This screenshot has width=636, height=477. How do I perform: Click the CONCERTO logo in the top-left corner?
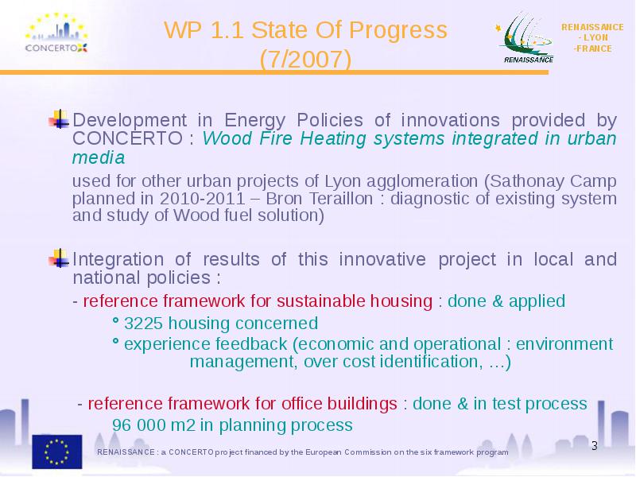pyautogui.click(x=56, y=33)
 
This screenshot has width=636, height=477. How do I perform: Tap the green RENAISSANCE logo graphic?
pyautogui.click(x=525, y=37)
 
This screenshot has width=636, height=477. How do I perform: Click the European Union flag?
pyautogui.click(x=57, y=452)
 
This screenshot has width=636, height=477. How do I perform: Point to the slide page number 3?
pyautogui.click(x=594, y=446)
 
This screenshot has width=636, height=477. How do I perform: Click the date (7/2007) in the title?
pyautogui.click(x=305, y=59)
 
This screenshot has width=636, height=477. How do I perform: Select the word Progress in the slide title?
pyautogui.click(x=397, y=31)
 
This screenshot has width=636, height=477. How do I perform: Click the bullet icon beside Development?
pyautogui.click(x=59, y=119)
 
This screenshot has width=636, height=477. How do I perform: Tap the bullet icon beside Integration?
pyautogui.click(x=59, y=258)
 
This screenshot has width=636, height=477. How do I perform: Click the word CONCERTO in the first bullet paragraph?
pyautogui.click(x=127, y=138)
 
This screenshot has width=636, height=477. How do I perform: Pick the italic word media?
pyautogui.click(x=98, y=157)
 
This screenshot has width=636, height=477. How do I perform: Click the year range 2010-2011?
pyautogui.click(x=203, y=199)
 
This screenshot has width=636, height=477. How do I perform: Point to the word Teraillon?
pyautogui.click(x=341, y=199)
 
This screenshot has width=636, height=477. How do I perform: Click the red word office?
pyautogui.click(x=302, y=404)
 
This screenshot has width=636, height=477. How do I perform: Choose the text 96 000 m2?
pyautogui.click(x=153, y=425)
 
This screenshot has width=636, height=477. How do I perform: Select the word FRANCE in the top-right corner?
pyautogui.click(x=593, y=48)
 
